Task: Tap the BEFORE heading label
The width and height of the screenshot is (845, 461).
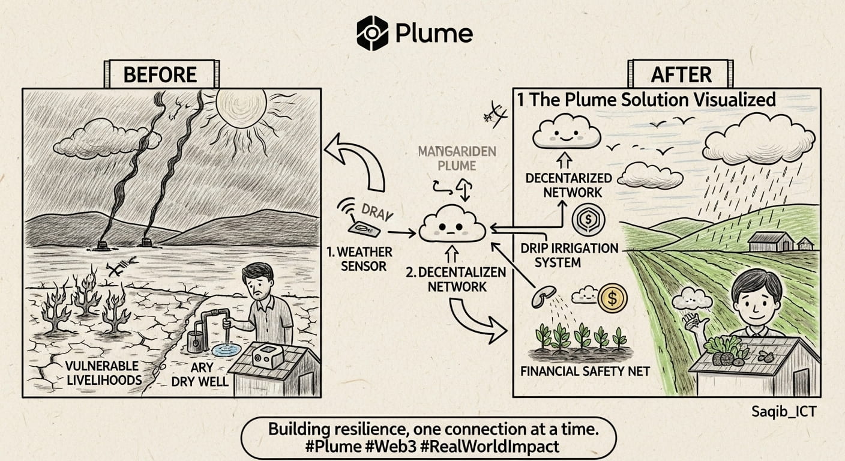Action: pos(160,74)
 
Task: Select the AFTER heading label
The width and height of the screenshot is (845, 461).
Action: pos(681,74)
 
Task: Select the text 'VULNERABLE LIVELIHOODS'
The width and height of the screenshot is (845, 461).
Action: pos(104,373)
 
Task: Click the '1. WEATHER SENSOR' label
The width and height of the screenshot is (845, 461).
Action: pos(359,258)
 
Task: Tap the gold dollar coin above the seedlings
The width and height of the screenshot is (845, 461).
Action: pos(612,297)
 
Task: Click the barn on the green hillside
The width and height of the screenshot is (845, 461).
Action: pos(771,241)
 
